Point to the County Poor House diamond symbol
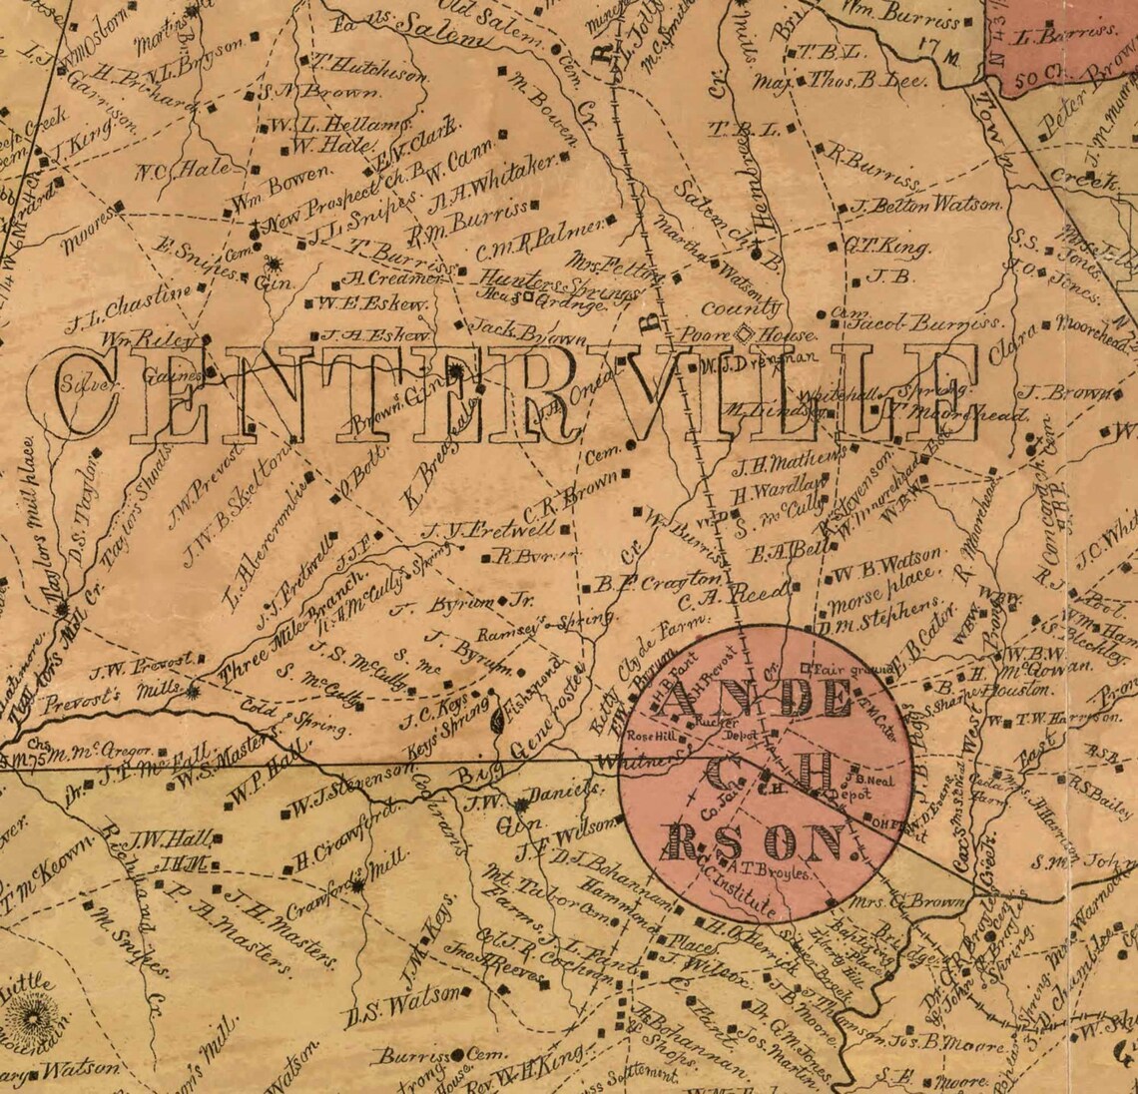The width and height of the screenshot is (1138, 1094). pos(744,333)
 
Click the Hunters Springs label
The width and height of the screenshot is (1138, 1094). pos(558,284)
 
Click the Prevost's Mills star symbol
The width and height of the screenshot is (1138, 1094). pos(192,690)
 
